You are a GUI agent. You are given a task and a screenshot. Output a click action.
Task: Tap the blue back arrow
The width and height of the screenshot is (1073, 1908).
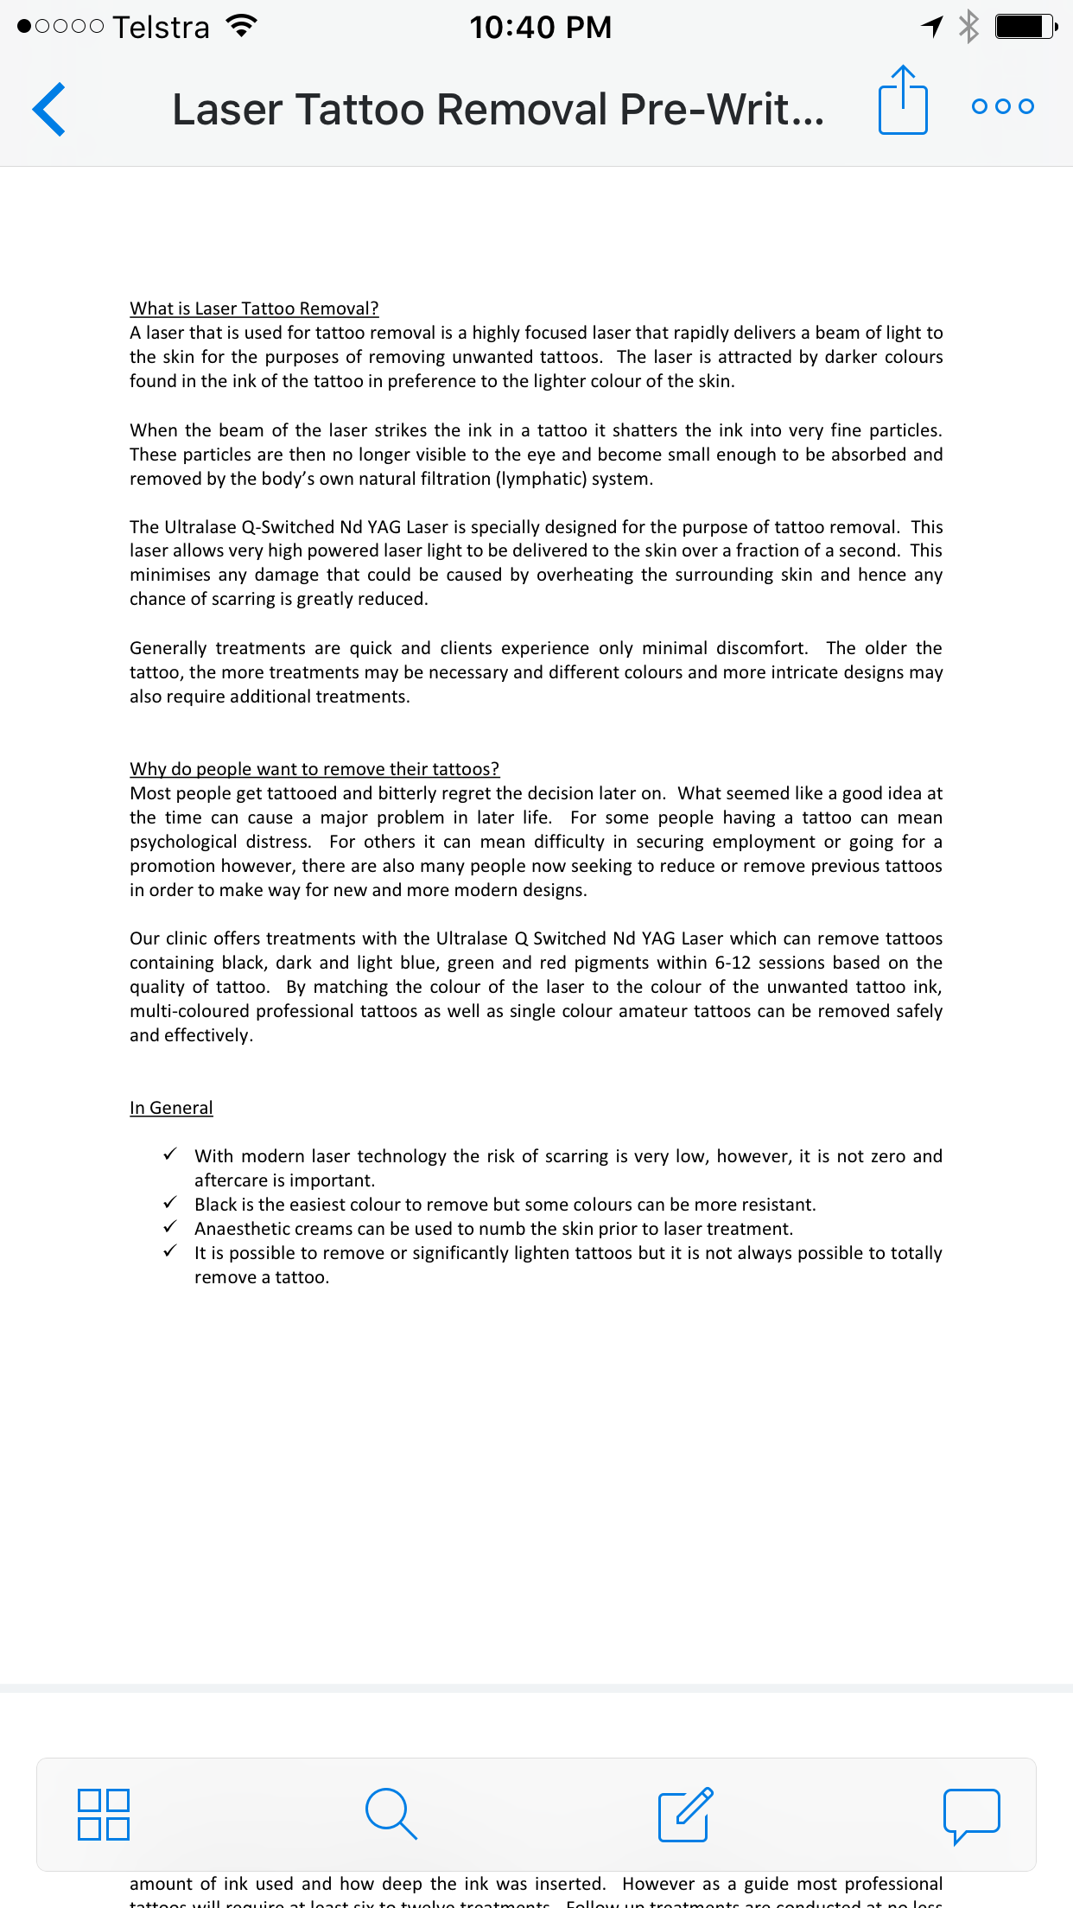click(49, 110)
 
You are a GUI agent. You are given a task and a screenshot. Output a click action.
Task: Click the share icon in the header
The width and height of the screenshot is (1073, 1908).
click(903, 101)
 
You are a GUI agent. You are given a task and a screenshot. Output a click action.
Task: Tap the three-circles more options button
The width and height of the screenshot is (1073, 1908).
click(1002, 106)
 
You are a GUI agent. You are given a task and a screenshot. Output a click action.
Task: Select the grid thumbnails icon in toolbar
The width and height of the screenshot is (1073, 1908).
click(104, 1814)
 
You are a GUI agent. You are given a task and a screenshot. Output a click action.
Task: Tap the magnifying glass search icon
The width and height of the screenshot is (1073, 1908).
click(391, 1814)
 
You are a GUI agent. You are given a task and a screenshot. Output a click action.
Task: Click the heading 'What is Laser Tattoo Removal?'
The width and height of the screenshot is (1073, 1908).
click(254, 308)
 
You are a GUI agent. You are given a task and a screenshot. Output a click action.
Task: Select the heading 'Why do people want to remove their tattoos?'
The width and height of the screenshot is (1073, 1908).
click(314, 769)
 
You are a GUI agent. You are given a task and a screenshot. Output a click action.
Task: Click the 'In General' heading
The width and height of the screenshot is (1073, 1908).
click(171, 1108)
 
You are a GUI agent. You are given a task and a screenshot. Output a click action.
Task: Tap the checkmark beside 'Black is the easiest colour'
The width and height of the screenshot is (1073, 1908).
click(170, 1203)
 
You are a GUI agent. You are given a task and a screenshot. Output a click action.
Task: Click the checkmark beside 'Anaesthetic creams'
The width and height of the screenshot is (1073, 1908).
click(170, 1227)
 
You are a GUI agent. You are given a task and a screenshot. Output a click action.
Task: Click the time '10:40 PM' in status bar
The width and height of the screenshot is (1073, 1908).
click(540, 28)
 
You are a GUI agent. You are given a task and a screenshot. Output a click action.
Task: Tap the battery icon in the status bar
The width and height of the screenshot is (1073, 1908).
click(1025, 27)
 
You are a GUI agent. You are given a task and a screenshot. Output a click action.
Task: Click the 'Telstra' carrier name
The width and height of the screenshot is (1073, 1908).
click(161, 28)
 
